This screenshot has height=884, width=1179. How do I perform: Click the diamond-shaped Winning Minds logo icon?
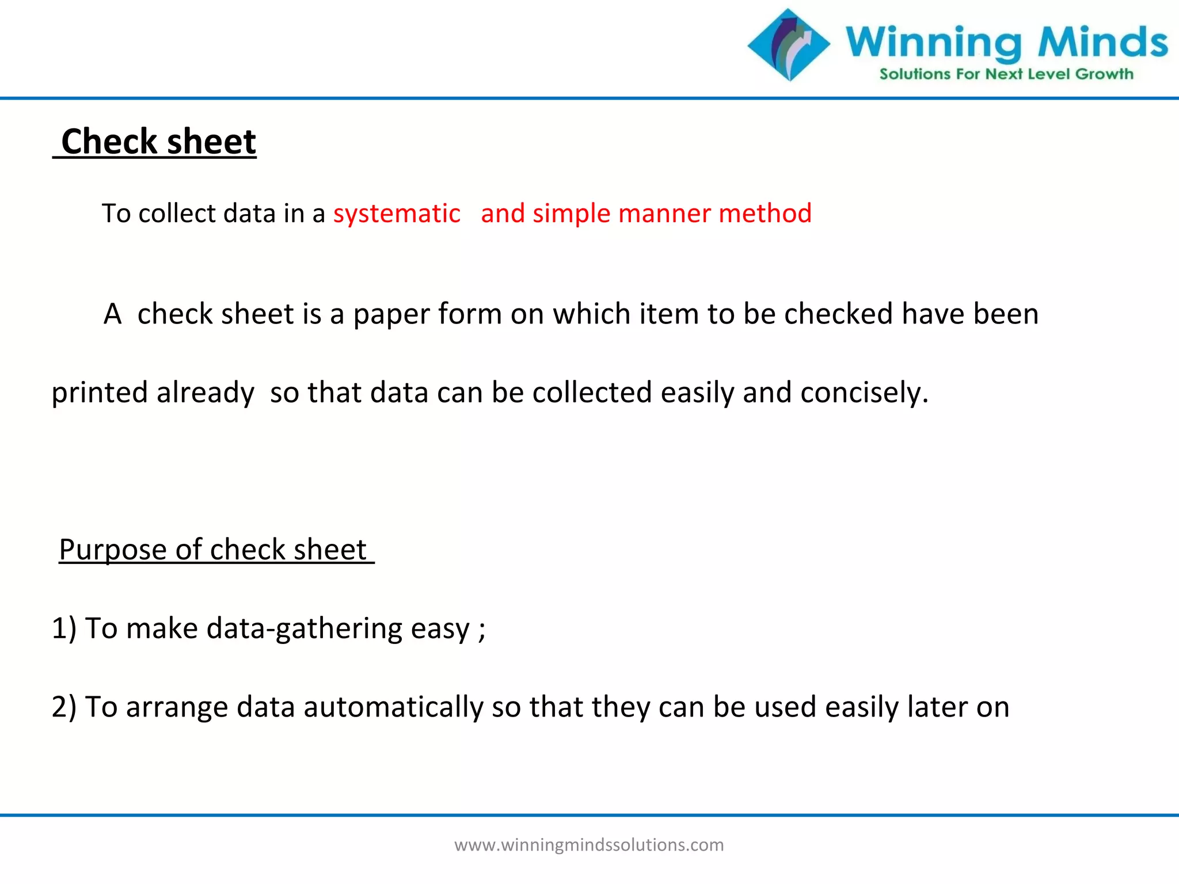tap(789, 45)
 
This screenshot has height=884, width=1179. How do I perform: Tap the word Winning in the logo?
tap(933, 43)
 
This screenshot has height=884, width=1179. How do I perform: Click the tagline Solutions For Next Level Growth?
tap(1006, 74)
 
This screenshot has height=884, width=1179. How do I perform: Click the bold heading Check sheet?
tap(158, 142)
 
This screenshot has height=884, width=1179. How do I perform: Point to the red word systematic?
tap(397, 214)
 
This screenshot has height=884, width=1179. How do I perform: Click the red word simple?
tap(571, 214)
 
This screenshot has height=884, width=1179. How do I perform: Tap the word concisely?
tap(864, 393)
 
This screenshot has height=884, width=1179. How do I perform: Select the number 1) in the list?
tap(63, 628)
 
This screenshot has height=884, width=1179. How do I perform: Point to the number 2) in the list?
tap(63, 707)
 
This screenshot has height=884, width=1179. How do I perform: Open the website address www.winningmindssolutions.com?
tap(589, 845)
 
